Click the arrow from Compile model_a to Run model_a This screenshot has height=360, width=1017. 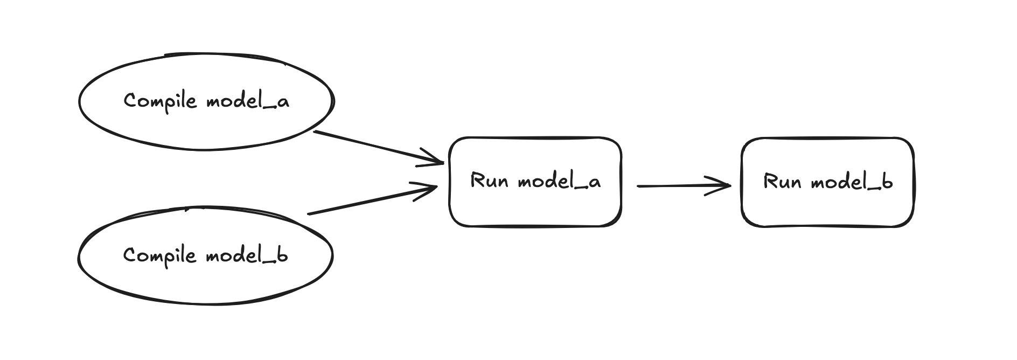pyautogui.click(x=377, y=147)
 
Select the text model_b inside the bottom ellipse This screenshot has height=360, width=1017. pyautogui.click(x=247, y=255)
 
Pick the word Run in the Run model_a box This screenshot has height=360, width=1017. pyautogui.click(x=489, y=181)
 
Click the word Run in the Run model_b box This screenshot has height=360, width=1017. pyautogui.click(x=782, y=182)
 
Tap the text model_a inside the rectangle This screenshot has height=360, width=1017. pyautogui.click(x=559, y=182)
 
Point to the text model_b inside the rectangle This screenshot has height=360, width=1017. pyautogui.click(x=852, y=182)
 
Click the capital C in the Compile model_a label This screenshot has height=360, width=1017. pyautogui.click(x=130, y=101)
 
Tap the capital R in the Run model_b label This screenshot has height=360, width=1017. pyautogui.click(x=770, y=182)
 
